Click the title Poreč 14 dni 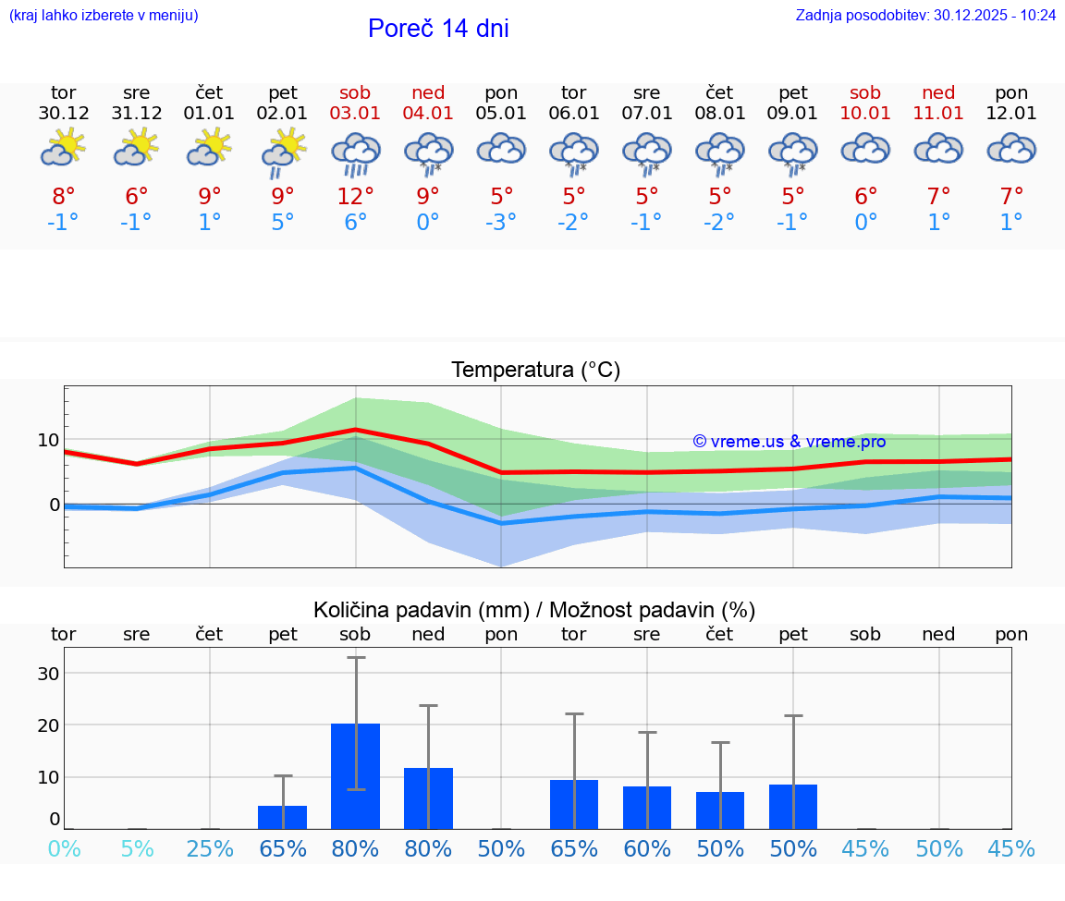tap(438, 29)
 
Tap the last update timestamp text tap(925, 16)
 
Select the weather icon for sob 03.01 tap(356, 153)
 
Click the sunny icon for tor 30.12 tap(63, 147)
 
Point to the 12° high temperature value tap(356, 197)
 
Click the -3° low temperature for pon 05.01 tap(501, 223)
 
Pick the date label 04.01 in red tap(428, 114)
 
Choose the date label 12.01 tap(1011, 114)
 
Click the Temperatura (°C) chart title tap(535, 371)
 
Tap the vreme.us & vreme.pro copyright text tap(789, 442)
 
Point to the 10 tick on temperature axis tap(48, 440)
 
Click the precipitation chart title tap(534, 610)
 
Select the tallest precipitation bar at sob tap(356, 776)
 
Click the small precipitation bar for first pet tap(283, 817)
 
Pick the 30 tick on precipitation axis tap(48, 674)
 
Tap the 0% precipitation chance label tap(63, 849)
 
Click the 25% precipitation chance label tap(210, 849)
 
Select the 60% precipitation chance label tap(647, 849)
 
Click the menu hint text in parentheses tap(104, 16)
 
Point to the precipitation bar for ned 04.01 tap(428, 798)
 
